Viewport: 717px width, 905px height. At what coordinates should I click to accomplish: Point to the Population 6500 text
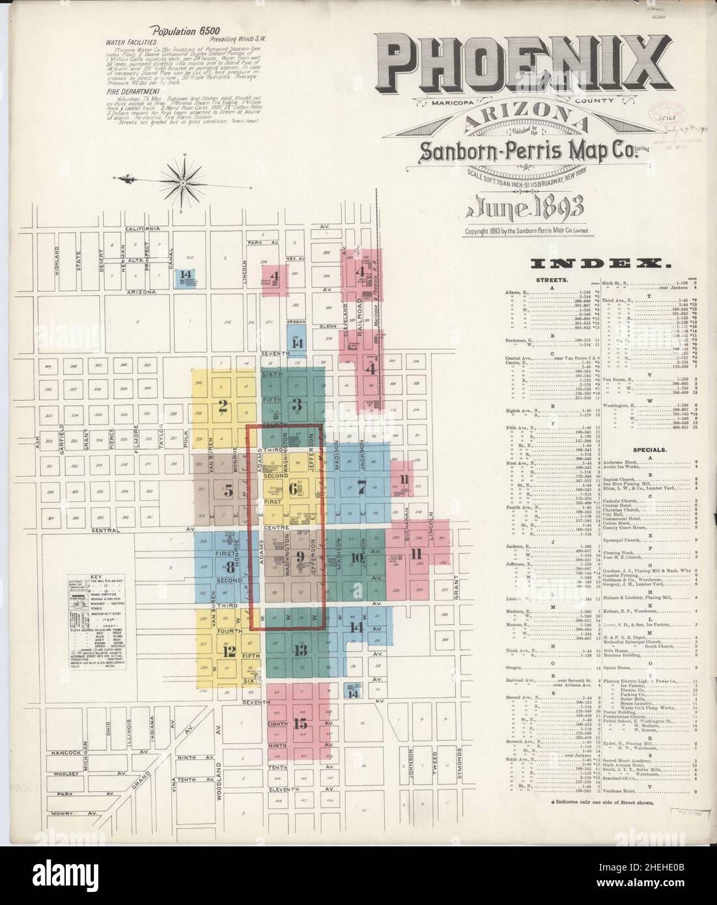(x=176, y=30)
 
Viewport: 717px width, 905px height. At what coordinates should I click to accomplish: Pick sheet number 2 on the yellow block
(x=223, y=407)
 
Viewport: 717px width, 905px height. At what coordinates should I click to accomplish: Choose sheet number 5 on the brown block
(x=228, y=492)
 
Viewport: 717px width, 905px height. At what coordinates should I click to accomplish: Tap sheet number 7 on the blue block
(x=362, y=485)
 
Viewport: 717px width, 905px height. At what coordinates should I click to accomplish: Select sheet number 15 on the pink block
(x=300, y=723)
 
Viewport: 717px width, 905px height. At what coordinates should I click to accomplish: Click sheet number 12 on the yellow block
(x=229, y=651)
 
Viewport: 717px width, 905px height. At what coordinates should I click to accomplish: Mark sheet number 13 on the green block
(x=300, y=650)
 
